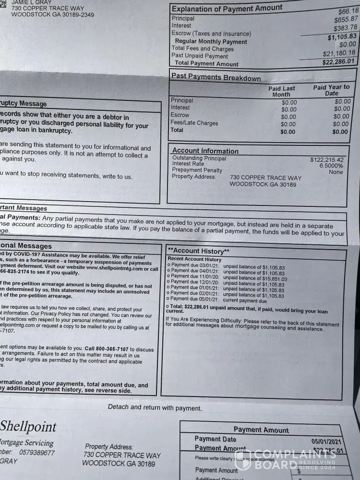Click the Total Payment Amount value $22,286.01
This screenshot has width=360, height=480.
[x=338, y=61]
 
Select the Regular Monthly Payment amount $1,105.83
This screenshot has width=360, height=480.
[x=342, y=37]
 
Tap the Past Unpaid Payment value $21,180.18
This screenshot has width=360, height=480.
[x=338, y=53]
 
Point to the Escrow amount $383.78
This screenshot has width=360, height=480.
[x=345, y=28]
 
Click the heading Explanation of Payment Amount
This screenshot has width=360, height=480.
[x=227, y=8]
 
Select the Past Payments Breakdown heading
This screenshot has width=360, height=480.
[x=216, y=77]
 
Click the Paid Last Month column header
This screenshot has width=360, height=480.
[x=282, y=91]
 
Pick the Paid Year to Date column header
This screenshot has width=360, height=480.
[x=331, y=90]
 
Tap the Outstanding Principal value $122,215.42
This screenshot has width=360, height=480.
[x=326, y=160]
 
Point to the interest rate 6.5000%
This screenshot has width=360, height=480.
[x=331, y=166]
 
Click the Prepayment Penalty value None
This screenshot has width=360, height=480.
[x=336, y=172]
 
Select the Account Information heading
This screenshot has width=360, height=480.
[x=205, y=151]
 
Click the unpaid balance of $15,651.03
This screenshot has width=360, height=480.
[x=255, y=279]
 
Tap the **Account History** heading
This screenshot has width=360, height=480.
[x=198, y=251]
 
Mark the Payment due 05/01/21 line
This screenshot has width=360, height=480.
[x=216, y=301]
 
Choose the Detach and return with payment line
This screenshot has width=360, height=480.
[x=155, y=408]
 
